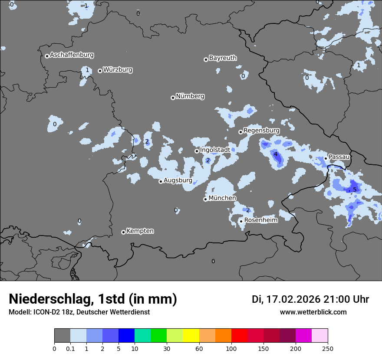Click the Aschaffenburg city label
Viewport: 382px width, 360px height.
72,55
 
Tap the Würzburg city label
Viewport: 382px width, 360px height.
118,70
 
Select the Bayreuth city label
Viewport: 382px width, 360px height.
223,58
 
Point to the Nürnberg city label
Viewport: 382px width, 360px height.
190,96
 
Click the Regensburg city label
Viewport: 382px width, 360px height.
261,131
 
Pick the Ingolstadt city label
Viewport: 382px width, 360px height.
215,150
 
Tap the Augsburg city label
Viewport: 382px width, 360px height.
178,180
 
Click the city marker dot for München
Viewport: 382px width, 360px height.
205,200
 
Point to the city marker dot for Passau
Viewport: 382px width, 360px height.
326,158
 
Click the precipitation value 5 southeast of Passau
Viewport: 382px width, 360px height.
355,190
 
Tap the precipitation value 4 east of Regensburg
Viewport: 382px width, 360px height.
275,154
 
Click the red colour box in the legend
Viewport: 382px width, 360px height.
239,336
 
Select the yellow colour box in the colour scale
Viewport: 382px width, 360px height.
191,336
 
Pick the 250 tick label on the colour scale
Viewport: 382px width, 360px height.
328,348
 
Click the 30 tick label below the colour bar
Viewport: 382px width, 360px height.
167,348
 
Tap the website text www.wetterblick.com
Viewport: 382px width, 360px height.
313,312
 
